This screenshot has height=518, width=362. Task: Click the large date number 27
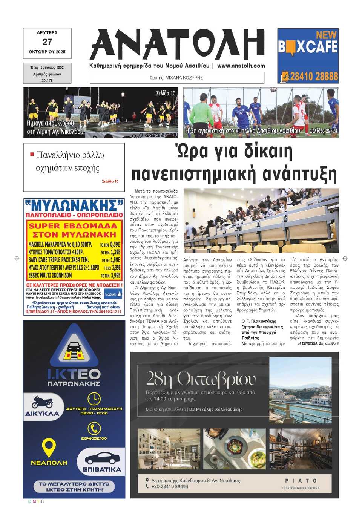(x=47, y=42)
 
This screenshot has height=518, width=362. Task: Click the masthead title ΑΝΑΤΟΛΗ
(x=177, y=44)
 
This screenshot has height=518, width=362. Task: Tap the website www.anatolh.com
(x=241, y=66)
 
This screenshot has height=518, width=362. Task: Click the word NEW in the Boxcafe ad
(x=326, y=35)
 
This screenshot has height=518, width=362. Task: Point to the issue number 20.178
(x=47, y=80)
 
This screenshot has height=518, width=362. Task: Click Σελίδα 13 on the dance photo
(x=166, y=93)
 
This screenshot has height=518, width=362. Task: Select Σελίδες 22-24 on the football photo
(x=324, y=131)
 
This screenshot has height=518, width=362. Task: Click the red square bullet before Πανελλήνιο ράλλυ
(x=32, y=154)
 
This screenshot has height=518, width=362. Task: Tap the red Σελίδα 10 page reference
(x=110, y=181)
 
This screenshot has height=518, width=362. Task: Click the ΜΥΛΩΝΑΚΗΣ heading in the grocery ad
(x=74, y=205)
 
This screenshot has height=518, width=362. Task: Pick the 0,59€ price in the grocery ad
(x=115, y=244)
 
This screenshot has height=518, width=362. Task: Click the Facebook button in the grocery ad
(x=113, y=294)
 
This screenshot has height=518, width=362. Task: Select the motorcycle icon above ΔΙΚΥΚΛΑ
(x=42, y=402)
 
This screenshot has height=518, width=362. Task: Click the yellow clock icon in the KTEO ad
(x=94, y=398)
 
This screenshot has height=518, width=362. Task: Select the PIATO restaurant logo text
(x=301, y=481)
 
